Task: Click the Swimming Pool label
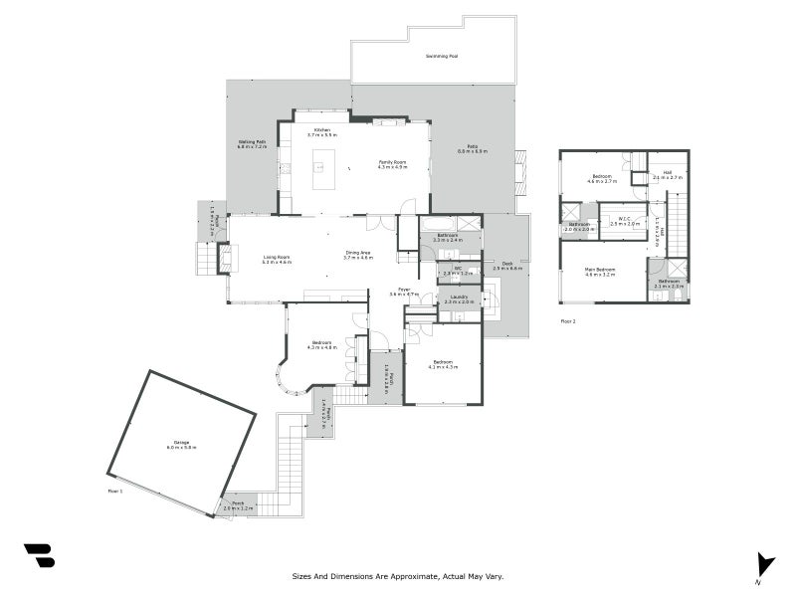coord(442,56)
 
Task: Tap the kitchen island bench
coord(322,169)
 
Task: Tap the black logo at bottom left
coord(39,556)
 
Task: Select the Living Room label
coord(277,258)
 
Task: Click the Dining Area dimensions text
coord(358,258)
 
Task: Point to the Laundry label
coord(459,297)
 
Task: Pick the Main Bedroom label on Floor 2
coord(600,269)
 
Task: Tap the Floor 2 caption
coord(568,321)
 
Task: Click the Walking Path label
coord(252,142)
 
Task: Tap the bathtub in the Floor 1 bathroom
coord(438,224)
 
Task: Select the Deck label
coord(506,264)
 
